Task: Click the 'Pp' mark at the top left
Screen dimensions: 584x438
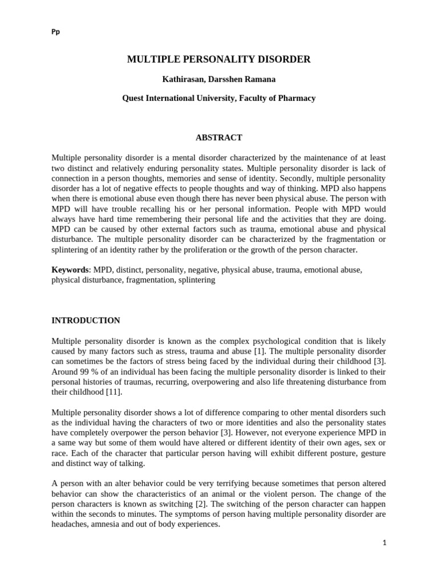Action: [x=55, y=32]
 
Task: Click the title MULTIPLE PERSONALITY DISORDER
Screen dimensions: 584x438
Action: [x=218, y=59]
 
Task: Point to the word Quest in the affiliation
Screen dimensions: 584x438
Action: [x=133, y=98]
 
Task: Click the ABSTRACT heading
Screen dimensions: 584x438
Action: [x=218, y=137]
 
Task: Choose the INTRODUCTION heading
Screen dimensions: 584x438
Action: [x=86, y=321]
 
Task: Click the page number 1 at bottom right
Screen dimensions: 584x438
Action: [x=384, y=543]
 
